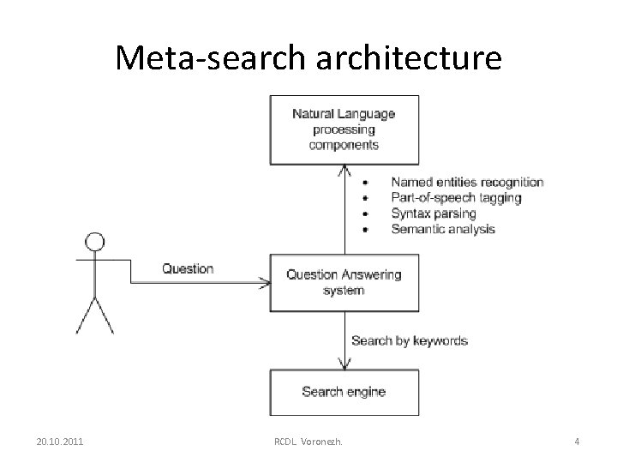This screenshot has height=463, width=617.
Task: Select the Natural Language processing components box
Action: coord(344,129)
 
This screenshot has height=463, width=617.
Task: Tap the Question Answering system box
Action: coord(344,282)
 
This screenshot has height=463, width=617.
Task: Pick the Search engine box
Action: coord(344,392)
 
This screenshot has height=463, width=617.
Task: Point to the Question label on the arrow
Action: coord(188,269)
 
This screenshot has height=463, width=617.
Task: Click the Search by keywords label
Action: coord(410,340)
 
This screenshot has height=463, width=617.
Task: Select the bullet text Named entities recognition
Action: coord(467,182)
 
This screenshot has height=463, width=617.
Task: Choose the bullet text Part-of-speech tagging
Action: coord(455,197)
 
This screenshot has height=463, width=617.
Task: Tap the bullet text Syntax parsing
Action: coord(431,213)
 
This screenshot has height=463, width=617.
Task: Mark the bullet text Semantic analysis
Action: coord(443,229)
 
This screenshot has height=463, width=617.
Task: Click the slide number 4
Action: coord(577,442)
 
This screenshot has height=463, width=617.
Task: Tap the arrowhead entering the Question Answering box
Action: coord(263,282)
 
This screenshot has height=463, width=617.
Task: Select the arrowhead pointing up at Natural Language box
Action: coord(344,170)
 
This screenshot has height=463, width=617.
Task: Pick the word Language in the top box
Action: coord(367,113)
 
